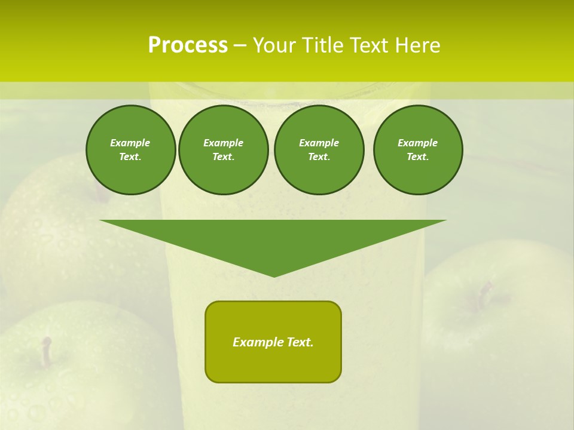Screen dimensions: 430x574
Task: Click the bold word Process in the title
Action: [188, 45]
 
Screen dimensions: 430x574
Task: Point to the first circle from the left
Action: [130, 149]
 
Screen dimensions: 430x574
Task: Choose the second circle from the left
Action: [223, 149]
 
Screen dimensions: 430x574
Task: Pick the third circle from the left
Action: [319, 149]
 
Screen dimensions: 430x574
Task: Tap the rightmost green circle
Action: [417, 149]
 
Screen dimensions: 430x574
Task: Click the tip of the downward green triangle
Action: [274, 275]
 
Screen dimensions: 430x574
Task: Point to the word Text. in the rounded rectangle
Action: [299, 342]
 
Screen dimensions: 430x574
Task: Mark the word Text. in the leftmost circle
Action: [130, 157]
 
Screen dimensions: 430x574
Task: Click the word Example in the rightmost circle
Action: [417, 143]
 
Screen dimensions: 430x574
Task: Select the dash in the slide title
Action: [240, 45]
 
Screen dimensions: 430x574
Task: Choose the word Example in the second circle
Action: [223, 143]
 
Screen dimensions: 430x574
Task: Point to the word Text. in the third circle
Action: [319, 157]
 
